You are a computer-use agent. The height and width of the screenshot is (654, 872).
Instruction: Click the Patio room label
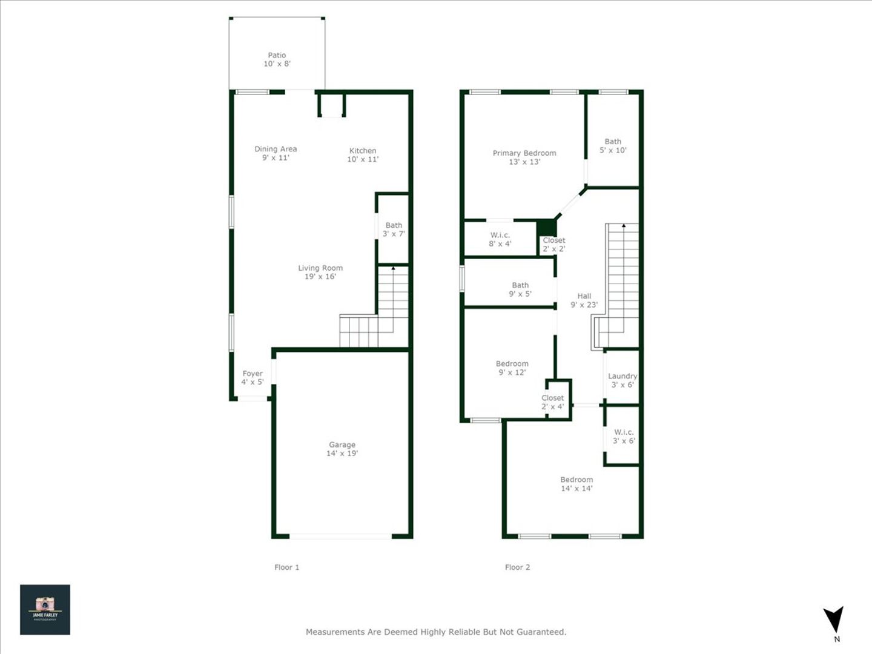pyautogui.click(x=277, y=59)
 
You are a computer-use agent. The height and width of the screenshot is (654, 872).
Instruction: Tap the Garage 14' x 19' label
pyautogui.click(x=342, y=449)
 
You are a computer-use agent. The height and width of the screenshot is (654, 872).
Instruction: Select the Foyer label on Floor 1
pyautogui.click(x=253, y=378)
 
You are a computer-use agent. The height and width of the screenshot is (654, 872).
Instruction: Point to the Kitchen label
pyautogui.click(x=363, y=155)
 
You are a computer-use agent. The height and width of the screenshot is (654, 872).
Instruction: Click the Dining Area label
pyautogui.click(x=276, y=153)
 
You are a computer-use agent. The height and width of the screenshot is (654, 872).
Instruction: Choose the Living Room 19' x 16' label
pyautogui.click(x=320, y=272)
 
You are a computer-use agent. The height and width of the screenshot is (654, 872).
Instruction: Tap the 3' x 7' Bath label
pyautogui.click(x=394, y=230)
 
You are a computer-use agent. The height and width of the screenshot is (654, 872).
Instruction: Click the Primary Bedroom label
pyautogui.click(x=524, y=157)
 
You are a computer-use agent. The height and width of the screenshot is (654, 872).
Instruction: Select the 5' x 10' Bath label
pyautogui.click(x=613, y=146)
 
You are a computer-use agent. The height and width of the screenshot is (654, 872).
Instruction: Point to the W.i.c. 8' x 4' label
pyautogui.click(x=500, y=239)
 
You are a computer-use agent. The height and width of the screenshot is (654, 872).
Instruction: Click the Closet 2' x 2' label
pyautogui.click(x=554, y=244)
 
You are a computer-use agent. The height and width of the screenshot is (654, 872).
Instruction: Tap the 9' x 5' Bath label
pyautogui.click(x=520, y=289)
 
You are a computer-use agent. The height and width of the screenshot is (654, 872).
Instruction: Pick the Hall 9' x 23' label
pyautogui.click(x=584, y=300)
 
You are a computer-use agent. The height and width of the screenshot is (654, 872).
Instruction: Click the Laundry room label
pyautogui.click(x=623, y=380)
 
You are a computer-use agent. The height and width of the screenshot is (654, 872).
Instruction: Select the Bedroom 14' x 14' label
pyautogui.click(x=576, y=484)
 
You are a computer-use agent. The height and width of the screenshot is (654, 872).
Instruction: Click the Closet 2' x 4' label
pyautogui.click(x=553, y=402)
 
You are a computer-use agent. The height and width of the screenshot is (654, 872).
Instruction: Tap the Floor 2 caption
pyautogui.click(x=517, y=567)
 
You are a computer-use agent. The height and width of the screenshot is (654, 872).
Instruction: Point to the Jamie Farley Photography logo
pyautogui.click(x=45, y=610)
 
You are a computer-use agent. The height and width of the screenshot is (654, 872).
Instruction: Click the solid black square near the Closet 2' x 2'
pyautogui.click(x=546, y=228)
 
